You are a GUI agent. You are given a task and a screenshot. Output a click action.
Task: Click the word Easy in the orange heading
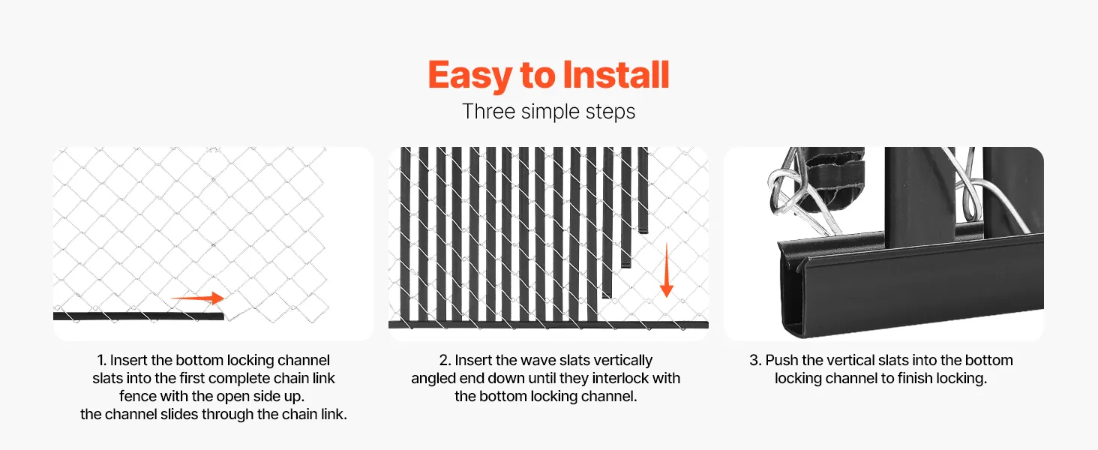click(469, 76)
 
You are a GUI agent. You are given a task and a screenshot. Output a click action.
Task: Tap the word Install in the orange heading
click(616, 74)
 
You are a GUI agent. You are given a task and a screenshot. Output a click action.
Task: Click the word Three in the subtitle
click(489, 111)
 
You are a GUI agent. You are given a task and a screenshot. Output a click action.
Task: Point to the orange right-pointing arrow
click(197, 298)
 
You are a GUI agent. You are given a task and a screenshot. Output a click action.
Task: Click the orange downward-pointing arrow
click(666, 270)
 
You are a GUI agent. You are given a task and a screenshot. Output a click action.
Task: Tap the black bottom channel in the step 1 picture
click(139, 316)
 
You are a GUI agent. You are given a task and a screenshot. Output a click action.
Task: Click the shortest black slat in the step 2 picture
click(643, 190)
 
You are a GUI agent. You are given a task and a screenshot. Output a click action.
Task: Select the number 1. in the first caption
click(102, 360)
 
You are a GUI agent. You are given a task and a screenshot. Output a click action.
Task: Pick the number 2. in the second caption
click(445, 360)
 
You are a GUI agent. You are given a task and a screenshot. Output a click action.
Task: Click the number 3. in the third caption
click(755, 360)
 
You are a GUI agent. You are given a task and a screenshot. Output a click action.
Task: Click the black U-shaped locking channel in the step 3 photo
click(912, 289)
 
